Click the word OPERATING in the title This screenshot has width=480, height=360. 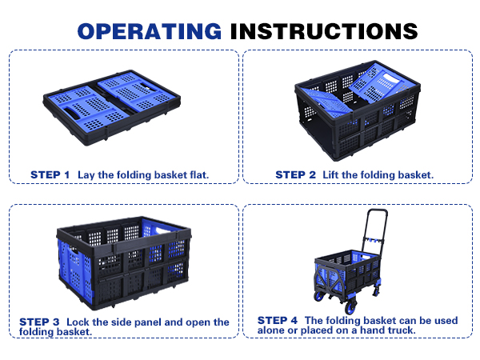(150, 31)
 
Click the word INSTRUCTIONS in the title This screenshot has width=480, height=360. (324, 31)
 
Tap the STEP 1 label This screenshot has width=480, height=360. (50, 174)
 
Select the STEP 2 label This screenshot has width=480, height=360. (295, 174)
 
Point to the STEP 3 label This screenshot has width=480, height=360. (39, 322)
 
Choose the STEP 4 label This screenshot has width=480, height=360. (278, 320)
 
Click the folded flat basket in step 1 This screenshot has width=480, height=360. (111, 107)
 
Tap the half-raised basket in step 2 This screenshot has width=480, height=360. (358, 110)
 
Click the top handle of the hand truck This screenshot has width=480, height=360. (378, 211)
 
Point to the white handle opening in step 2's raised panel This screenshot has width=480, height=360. (391, 78)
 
